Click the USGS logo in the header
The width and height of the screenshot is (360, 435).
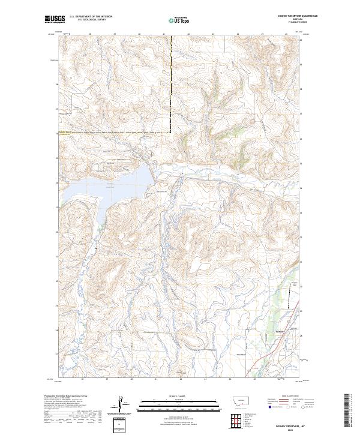point(55,19)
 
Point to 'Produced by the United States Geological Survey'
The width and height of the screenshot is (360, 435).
point(66,396)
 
